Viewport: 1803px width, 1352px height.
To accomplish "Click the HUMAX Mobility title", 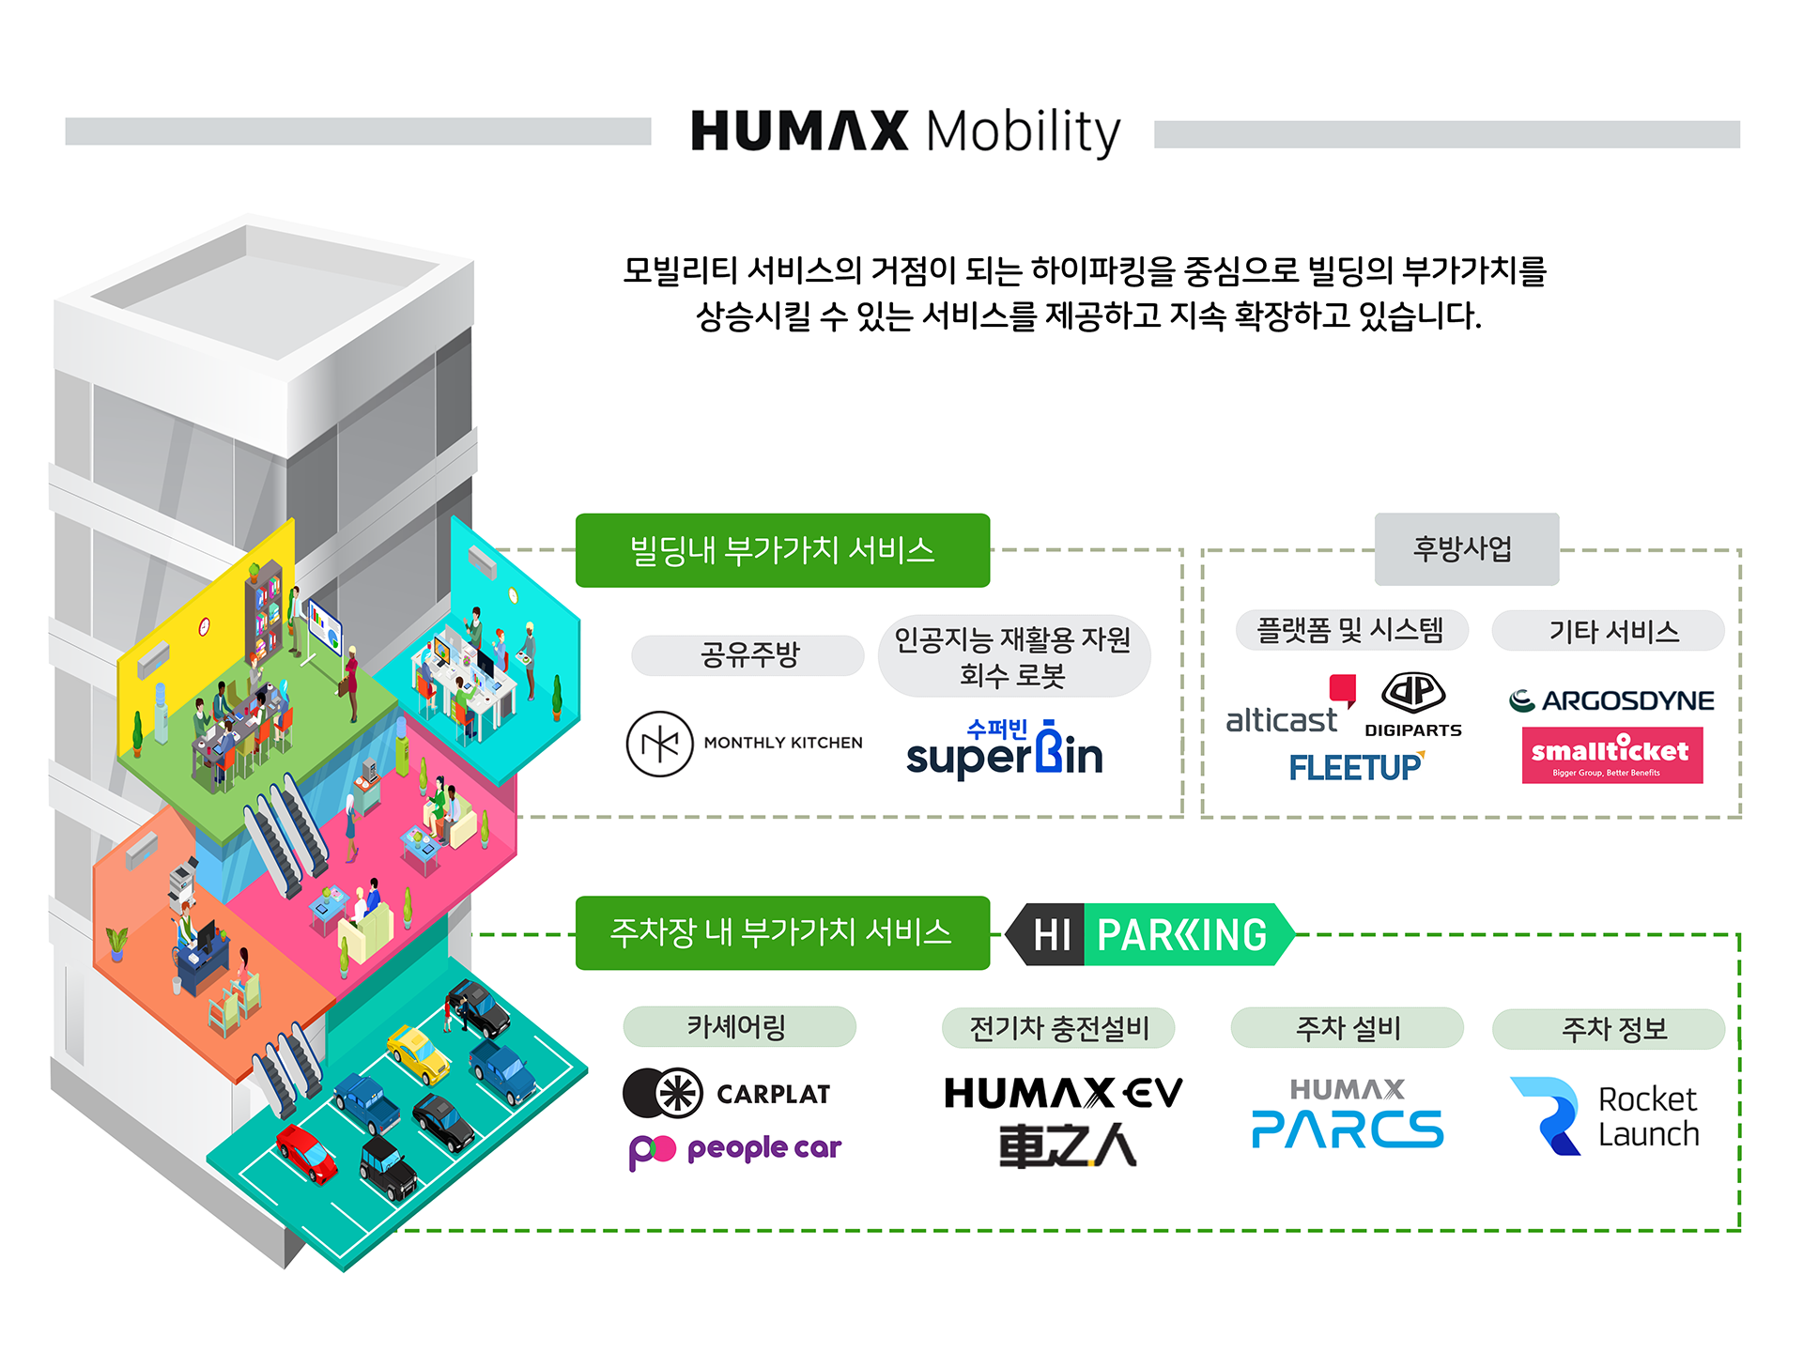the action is (906, 131).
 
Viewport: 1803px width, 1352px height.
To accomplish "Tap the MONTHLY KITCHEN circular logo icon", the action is (659, 744).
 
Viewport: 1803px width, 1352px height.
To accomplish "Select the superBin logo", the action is (1005, 748).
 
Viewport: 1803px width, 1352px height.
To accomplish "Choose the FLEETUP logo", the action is (1357, 767).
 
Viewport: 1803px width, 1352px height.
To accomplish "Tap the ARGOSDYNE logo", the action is (1611, 700).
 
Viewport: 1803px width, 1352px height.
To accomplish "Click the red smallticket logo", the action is (1612, 755).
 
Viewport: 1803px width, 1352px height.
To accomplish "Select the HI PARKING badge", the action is (1150, 934).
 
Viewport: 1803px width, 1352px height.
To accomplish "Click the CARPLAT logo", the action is (727, 1093).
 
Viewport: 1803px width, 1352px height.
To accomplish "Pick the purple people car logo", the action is (735, 1150).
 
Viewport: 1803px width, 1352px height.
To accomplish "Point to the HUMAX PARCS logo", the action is (1348, 1114).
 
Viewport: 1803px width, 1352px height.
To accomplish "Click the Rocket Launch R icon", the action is (1547, 1115).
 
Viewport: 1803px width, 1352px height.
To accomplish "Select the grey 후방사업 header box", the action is (1467, 549).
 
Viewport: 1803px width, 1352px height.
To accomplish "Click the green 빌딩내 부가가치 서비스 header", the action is (782, 550).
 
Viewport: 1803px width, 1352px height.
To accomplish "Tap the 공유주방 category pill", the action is (747, 654).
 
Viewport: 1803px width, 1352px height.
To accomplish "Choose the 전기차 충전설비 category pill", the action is (1058, 1028).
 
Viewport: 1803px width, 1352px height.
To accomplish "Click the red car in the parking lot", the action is (306, 1153).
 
